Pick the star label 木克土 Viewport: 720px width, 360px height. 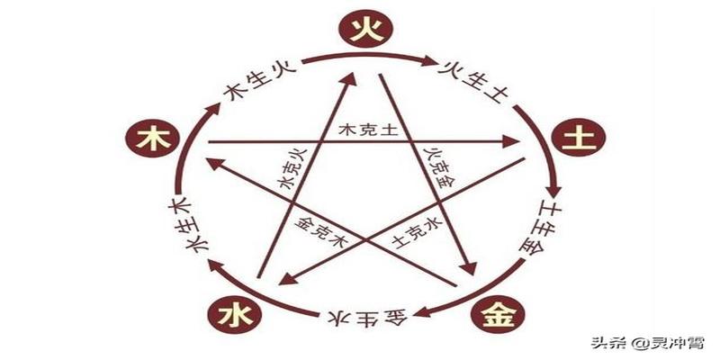(367, 130)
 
